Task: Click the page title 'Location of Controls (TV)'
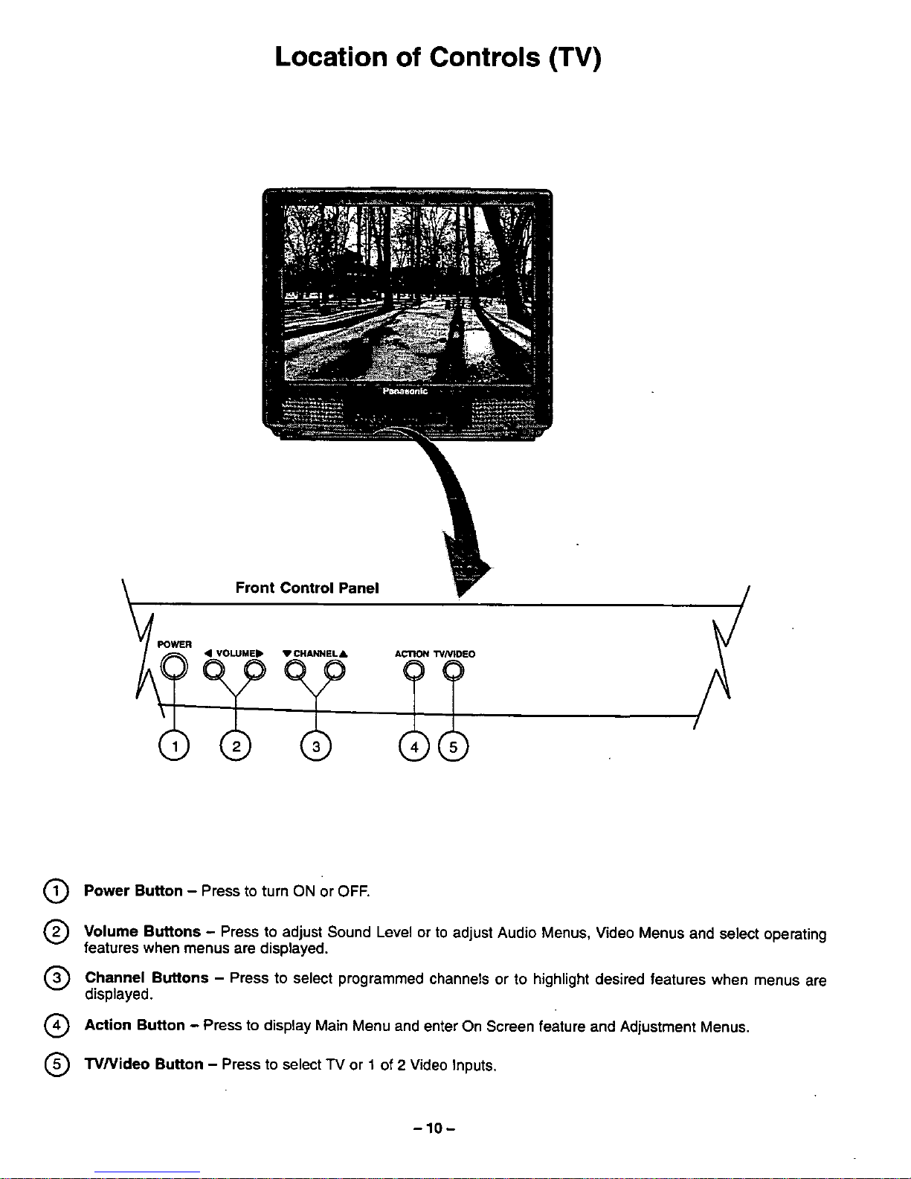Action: coord(437,57)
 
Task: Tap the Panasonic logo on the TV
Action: coord(405,391)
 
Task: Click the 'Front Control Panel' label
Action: coord(307,588)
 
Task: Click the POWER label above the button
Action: coord(175,644)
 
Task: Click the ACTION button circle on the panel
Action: coord(413,672)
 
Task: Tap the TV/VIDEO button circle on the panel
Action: coord(453,672)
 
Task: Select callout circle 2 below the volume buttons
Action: coord(235,747)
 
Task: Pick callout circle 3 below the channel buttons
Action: coord(316,747)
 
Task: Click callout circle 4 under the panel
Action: coord(414,747)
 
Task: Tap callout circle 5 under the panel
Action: coord(453,747)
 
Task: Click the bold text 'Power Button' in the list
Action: coord(133,890)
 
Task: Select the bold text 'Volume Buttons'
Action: coord(142,931)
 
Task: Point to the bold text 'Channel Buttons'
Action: coord(147,977)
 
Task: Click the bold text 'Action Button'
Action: coord(135,1025)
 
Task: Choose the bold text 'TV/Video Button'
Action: coord(144,1064)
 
